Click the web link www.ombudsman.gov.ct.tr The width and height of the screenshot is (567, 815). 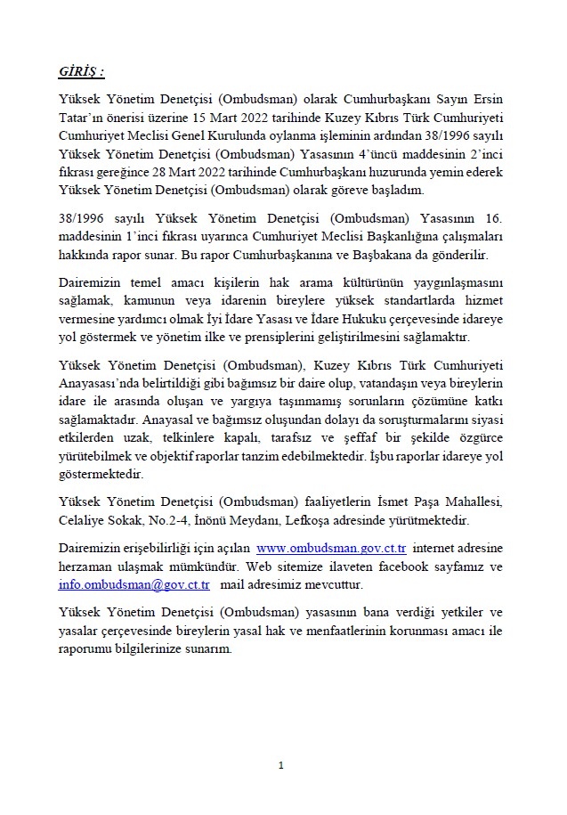(x=332, y=549)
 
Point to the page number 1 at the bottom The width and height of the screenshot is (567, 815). (x=281, y=765)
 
